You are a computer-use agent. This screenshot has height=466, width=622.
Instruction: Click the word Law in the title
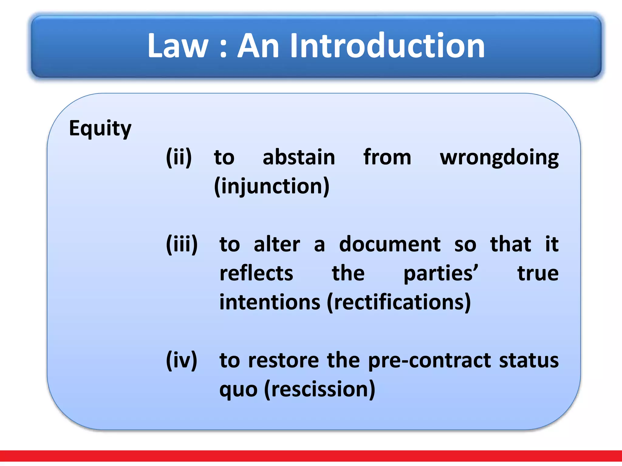point(178,46)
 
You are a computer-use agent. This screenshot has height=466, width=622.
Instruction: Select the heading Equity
point(100,129)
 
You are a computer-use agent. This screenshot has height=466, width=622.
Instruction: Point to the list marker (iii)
point(182,244)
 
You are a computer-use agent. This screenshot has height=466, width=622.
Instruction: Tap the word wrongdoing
point(499,158)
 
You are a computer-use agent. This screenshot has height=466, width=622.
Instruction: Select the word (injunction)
point(272,186)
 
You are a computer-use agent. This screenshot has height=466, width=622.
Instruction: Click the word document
point(390,244)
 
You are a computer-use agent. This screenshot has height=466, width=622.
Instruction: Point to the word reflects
point(256,273)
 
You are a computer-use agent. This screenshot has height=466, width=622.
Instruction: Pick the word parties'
point(441,273)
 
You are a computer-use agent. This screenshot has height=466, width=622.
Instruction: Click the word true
point(538,273)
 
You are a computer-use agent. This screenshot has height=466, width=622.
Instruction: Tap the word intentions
point(270,302)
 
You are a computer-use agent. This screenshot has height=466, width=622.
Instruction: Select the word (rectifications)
point(399,302)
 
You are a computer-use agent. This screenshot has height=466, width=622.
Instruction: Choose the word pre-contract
point(429,361)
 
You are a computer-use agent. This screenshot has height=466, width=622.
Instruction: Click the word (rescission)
point(320,389)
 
